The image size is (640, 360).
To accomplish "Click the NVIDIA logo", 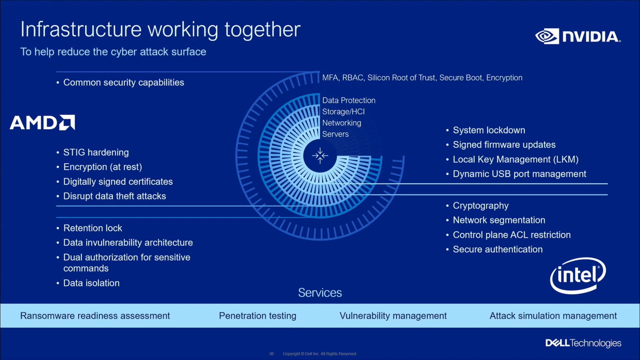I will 578,36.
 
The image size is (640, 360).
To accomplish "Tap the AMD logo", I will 42,122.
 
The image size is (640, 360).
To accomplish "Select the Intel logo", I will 578,276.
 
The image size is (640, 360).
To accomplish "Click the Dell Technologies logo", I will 583,343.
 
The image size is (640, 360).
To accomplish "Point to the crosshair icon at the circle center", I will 320,156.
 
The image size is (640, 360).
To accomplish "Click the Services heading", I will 320,293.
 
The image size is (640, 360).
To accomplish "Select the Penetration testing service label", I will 257,316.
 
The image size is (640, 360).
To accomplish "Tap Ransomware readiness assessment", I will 95,316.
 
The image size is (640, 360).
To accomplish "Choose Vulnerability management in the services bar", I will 393,316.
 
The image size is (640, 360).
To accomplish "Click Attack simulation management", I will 553,316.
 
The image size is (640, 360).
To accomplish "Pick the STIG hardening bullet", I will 96,152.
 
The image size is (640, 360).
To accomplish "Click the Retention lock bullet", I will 93,228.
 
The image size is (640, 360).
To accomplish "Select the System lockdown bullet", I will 489,130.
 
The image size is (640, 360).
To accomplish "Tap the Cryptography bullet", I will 480,206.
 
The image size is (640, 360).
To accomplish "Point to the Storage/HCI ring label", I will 343,112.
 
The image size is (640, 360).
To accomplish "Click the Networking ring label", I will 342,123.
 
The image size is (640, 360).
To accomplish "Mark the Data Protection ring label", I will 349,100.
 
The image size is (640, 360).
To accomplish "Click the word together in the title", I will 262,30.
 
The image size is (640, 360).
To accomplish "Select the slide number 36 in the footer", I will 271,354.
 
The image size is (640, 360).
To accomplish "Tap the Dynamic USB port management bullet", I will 519,174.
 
